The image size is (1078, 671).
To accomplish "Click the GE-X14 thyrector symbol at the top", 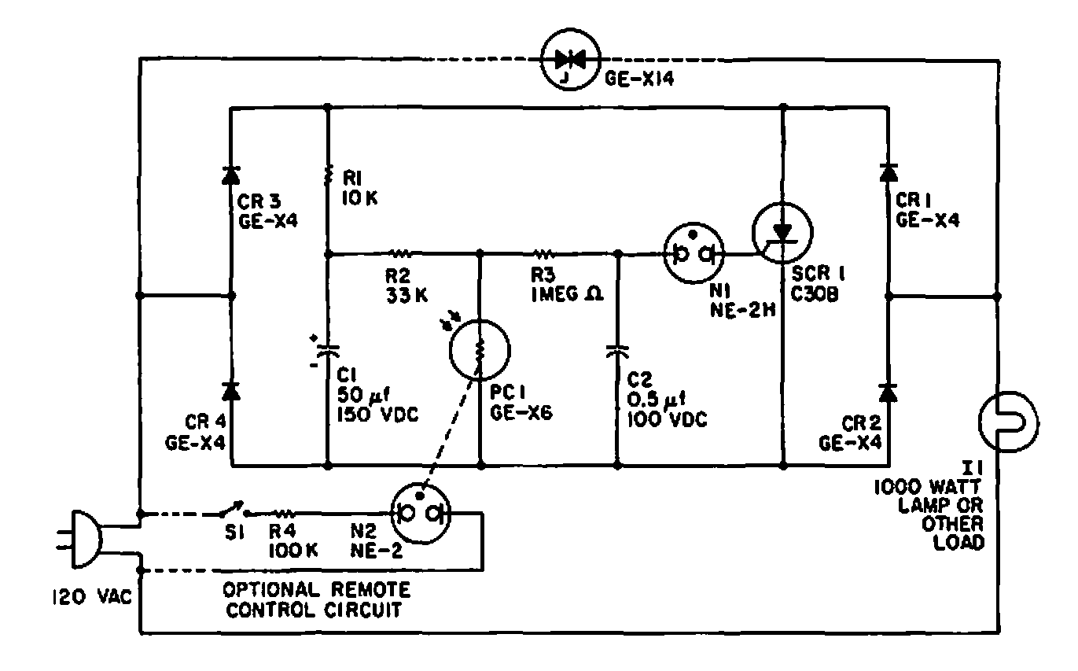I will [x=571, y=59].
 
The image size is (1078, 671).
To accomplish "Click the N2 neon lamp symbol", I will [x=420, y=513].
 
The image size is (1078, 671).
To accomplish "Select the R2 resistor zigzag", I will [x=401, y=253].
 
